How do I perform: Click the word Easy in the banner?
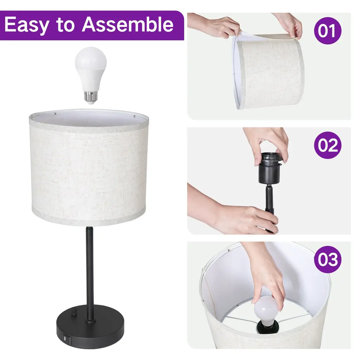tap(26, 25)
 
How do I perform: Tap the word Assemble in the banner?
tap(128, 24)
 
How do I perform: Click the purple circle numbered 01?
tap(328, 31)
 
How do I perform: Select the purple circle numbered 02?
tap(328, 145)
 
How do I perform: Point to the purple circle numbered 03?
tap(328, 259)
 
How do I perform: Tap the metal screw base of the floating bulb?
tap(90, 98)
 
